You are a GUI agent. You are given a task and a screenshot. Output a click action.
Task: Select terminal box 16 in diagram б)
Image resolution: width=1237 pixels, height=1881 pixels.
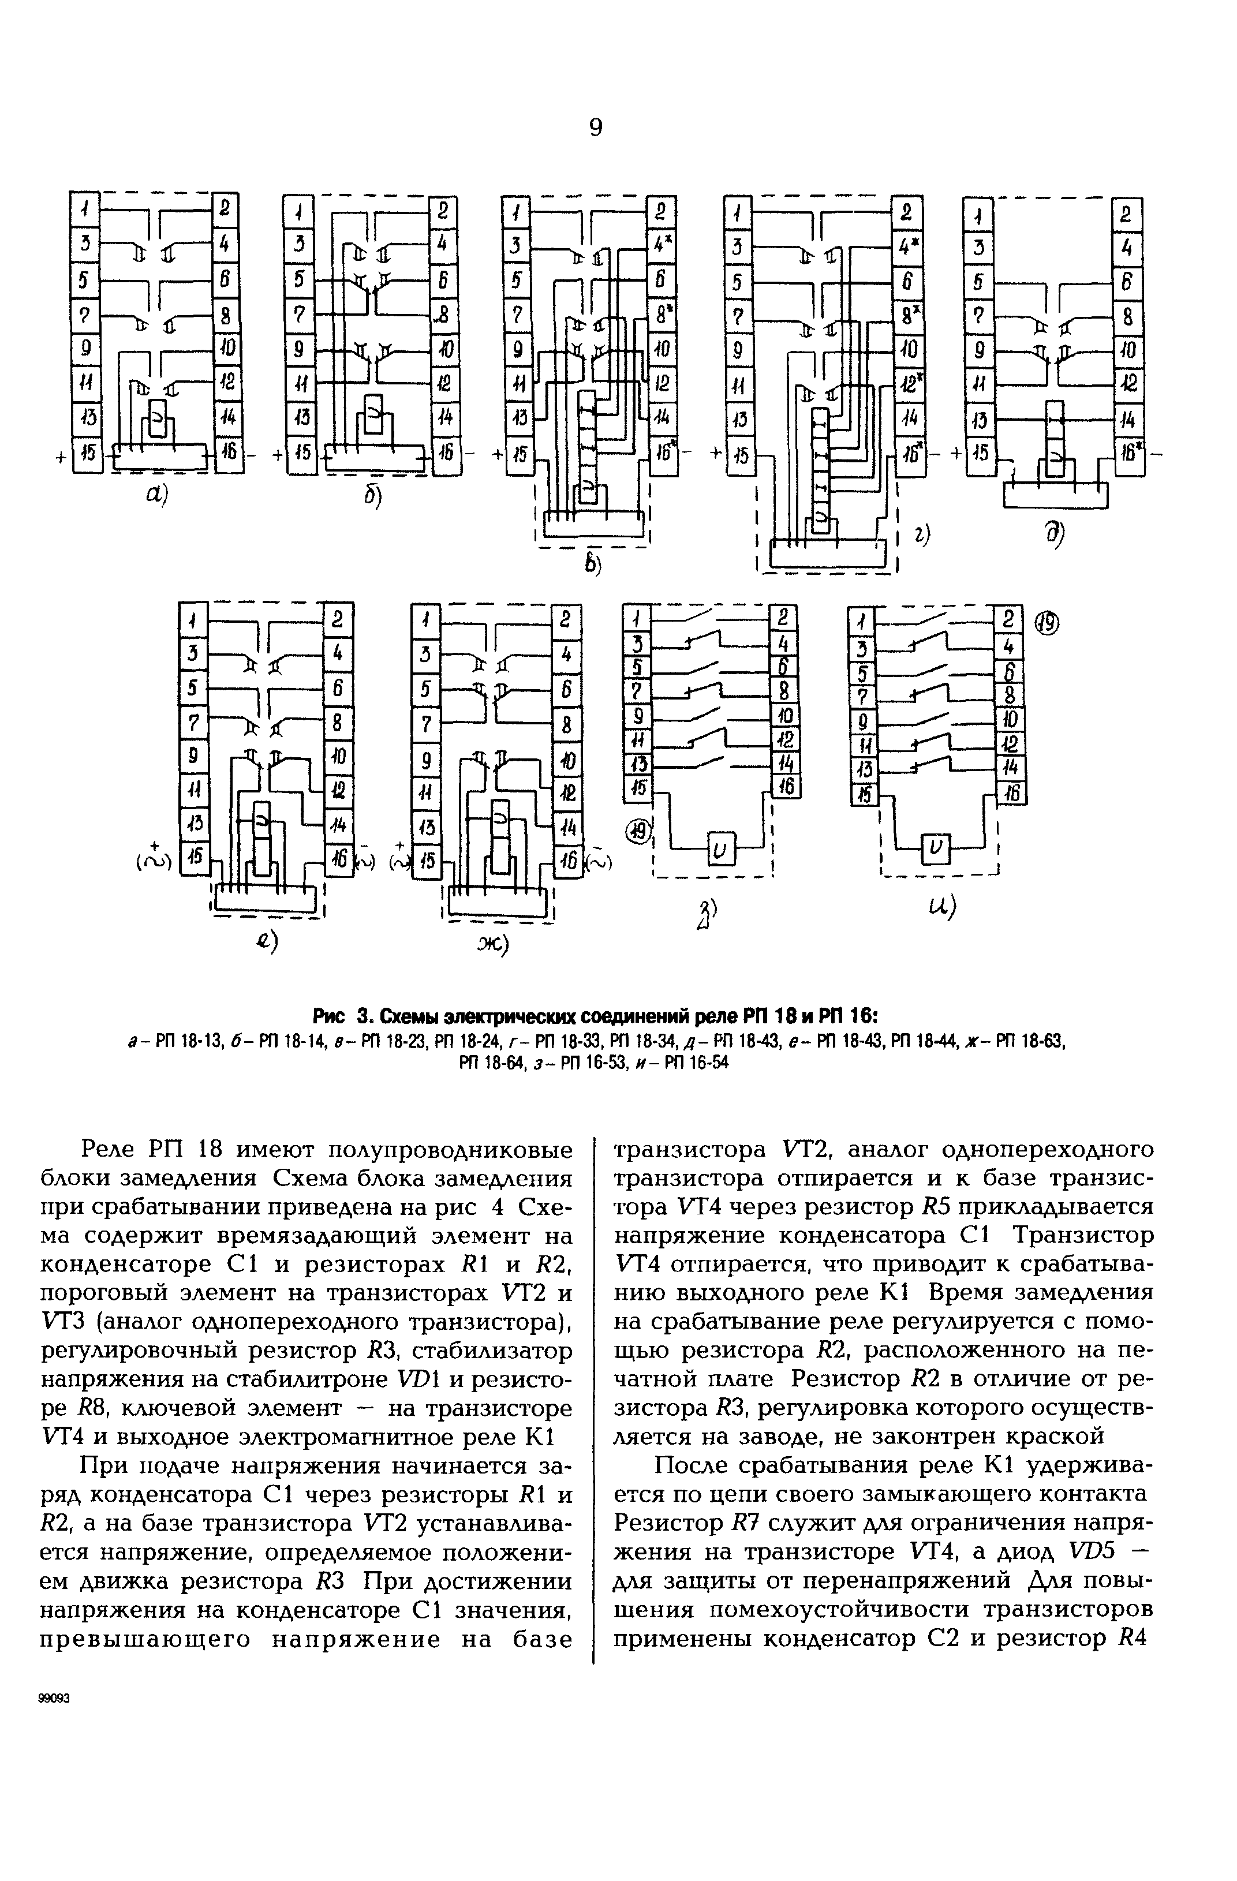click(443, 456)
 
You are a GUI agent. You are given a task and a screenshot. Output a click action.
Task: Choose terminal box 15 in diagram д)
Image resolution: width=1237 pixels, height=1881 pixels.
click(980, 454)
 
